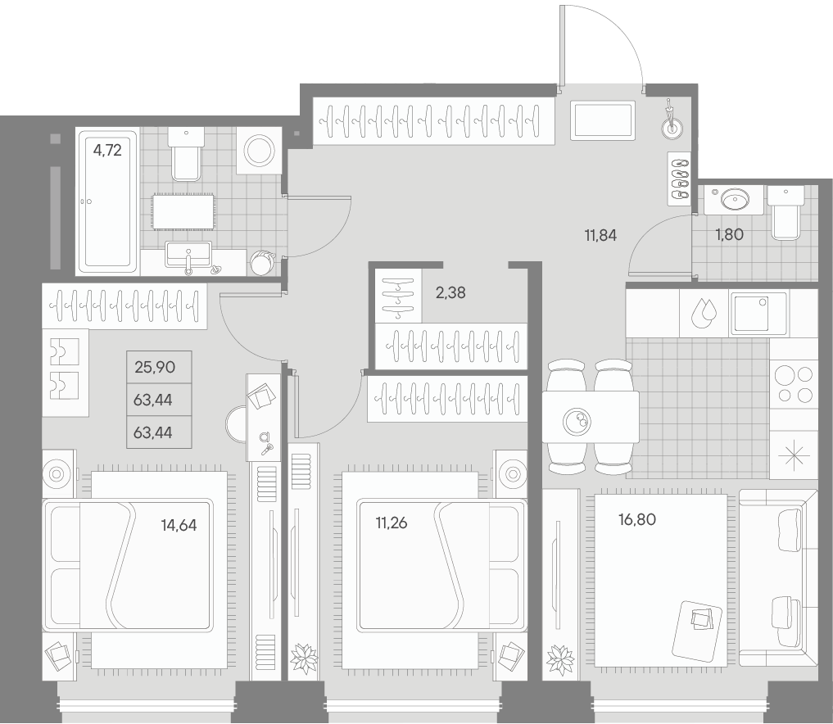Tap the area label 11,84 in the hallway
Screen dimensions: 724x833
[600, 236]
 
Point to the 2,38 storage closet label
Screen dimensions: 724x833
[450, 292]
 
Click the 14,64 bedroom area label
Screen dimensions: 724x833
[179, 524]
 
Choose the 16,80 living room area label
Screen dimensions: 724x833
[637, 518]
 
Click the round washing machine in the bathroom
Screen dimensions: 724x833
[260, 151]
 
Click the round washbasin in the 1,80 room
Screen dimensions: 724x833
[733, 199]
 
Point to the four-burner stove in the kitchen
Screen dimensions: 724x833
[793, 384]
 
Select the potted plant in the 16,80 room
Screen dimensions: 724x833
[561, 658]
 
